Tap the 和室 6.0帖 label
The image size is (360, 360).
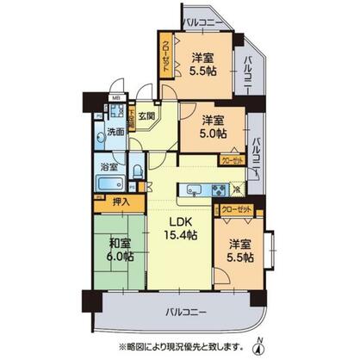[x=119, y=250]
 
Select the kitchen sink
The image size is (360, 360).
[x=194, y=190]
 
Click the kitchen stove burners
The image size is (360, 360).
[x=216, y=190]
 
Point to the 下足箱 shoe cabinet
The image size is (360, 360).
[x=133, y=113]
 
